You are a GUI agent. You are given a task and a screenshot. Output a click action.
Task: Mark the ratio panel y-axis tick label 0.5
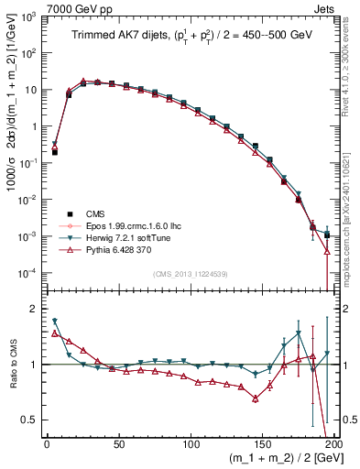coord(32,420)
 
